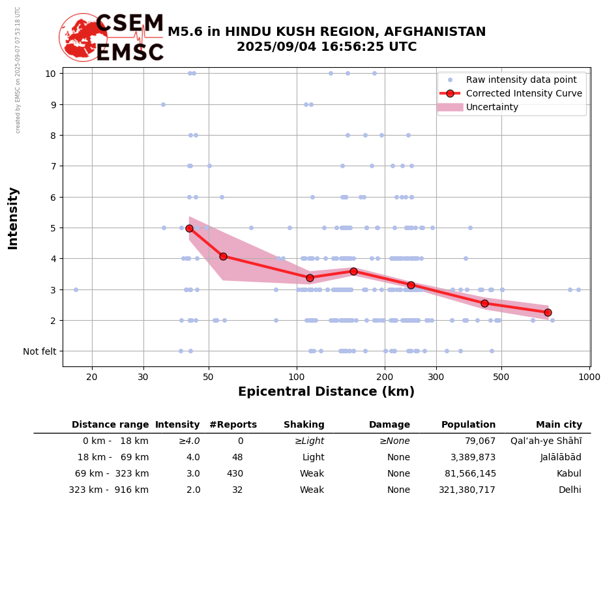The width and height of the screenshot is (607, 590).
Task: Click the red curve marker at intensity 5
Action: point(189,228)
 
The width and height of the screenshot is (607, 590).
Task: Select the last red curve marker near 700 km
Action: point(548,312)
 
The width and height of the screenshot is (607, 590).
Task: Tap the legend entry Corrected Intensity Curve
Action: point(524,93)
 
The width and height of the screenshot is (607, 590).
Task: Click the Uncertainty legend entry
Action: point(492,107)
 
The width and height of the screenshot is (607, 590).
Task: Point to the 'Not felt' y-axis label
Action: point(40,351)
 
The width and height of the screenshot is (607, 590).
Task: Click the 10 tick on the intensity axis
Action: point(50,73)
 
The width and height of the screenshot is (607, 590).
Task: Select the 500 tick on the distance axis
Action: point(501,377)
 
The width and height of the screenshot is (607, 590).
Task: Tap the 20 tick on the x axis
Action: point(92,377)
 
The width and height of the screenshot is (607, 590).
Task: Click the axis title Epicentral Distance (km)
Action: point(326,392)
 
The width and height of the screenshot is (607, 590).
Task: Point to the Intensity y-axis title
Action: point(13,218)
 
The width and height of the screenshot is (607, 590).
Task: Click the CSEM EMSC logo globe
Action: point(83,37)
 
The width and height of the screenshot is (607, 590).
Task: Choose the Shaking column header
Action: point(304,425)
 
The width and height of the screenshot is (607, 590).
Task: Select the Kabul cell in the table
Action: point(569,474)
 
